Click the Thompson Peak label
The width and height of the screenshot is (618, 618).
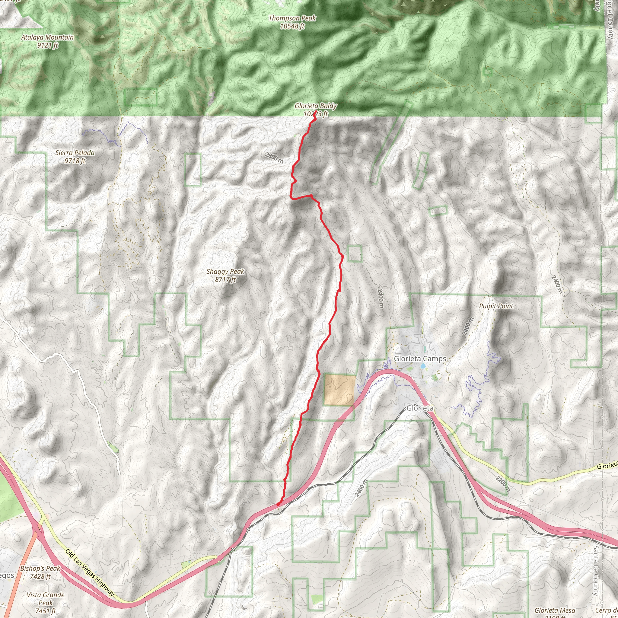click(292, 18)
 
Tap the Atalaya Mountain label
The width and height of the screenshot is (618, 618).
click(47, 37)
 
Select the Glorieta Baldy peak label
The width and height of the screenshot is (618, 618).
click(315, 106)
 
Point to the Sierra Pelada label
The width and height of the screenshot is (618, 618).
click(75, 153)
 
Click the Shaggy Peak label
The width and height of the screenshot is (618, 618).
click(225, 272)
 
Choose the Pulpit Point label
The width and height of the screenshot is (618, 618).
click(496, 306)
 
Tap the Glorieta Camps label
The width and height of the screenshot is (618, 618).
click(420, 358)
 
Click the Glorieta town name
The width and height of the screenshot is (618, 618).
click(420, 408)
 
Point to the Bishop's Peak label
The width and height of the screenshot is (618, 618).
click(40, 569)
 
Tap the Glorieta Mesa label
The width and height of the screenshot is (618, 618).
click(554, 611)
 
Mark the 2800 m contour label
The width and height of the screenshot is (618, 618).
click(274, 158)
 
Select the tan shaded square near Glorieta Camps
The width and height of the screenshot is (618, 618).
click(340, 390)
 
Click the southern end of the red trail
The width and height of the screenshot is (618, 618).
click(278, 504)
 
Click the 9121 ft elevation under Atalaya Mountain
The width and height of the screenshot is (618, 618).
click(47, 46)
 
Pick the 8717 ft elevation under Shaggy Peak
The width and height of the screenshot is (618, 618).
click(225, 279)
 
